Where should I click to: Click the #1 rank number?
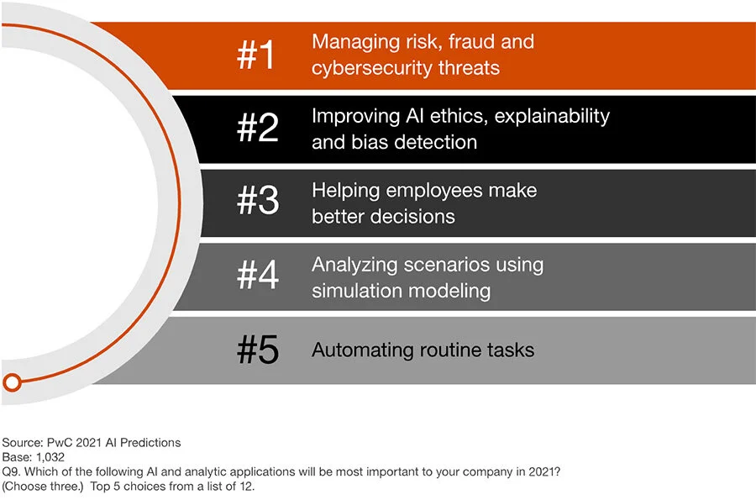[x=257, y=55]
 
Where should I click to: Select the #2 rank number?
[x=257, y=129]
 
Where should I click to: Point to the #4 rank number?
[x=257, y=277]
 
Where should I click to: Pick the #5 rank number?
[x=257, y=350]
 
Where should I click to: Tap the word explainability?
[x=552, y=116]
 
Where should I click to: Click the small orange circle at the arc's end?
[x=12, y=382]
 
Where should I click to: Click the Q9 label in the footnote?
[x=11, y=472]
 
